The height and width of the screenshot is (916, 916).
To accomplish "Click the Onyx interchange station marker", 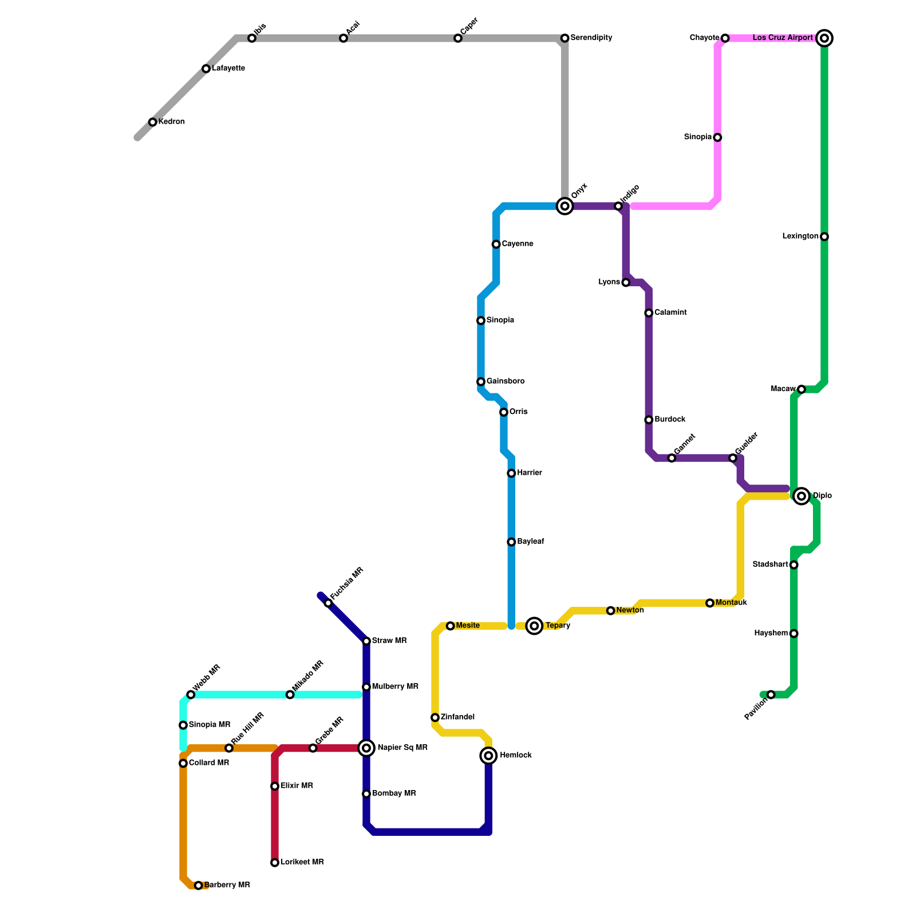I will (x=565, y=206).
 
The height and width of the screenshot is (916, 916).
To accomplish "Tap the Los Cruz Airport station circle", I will (x=824, y=38).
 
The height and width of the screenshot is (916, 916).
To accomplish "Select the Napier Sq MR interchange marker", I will (x=366, y=748).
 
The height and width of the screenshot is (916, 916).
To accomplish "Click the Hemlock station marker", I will (x=488, y=756).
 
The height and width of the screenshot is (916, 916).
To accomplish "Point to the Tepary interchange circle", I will (x=534, y=626).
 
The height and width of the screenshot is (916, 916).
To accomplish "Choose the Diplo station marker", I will (x=801, y=496).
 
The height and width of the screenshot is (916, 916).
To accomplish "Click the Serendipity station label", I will (x=591, y=38).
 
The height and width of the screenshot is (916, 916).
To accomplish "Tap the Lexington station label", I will (x=800, y=236).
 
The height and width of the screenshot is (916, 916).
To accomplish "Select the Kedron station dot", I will (x=153, y=122).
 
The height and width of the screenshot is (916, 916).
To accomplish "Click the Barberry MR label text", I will (x=227, y=885).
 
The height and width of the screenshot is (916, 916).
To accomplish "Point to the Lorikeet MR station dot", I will (x=275, y=863).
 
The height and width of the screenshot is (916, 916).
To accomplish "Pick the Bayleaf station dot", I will (x=511, y=542).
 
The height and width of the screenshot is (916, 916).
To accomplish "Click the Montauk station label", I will (x=731, y=603).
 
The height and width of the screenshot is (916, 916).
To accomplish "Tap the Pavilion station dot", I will (x=771, y=695).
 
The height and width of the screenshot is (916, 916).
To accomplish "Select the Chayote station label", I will (x=704, y=38).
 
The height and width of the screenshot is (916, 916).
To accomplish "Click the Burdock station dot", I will (x=649, y=420).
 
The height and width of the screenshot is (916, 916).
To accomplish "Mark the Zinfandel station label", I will (x=457, y=717).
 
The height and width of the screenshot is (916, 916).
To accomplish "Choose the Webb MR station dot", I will (x=191, y=695).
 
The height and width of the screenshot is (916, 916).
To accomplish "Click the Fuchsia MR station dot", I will (x=328, y=603).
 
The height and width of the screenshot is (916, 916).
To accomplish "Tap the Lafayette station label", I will (x=228, y=69).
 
